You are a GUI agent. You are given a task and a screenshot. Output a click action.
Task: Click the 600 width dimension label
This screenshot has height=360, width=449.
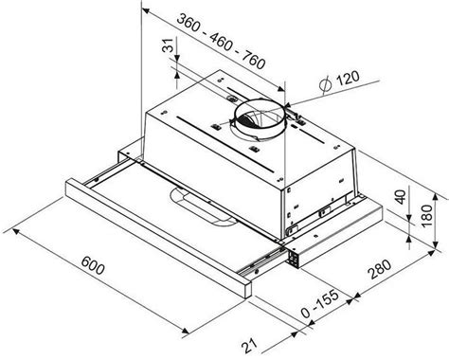coord(93,265)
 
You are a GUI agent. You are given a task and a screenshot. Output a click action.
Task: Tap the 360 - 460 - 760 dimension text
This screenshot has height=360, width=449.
coord(221,42)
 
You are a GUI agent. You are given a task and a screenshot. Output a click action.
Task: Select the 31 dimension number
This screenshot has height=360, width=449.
coord(169,45)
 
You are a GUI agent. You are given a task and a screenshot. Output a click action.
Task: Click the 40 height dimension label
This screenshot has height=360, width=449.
coord(401,197)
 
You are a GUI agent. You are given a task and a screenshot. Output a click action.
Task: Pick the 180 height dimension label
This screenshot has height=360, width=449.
coord(427,215)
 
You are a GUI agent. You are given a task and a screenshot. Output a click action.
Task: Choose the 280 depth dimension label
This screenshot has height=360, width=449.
coord(380,269)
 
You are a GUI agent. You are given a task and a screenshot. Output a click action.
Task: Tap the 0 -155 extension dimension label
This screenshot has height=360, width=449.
coord(320,304)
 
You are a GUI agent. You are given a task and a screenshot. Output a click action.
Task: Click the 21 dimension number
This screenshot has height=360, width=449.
coord(250,346)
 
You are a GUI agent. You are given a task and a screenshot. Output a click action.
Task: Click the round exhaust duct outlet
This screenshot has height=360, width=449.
coord(260,119)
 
